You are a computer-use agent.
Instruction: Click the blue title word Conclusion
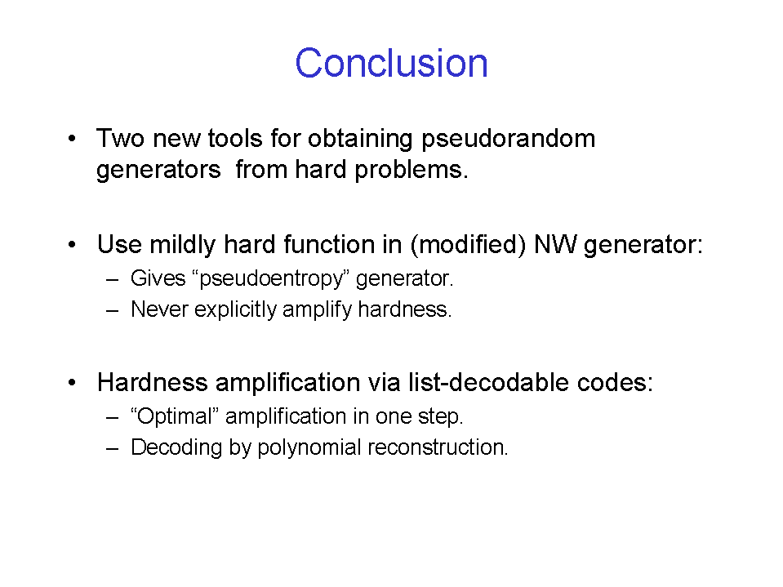[x=392, y=63]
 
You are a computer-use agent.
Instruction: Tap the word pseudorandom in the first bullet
[x=509, y=139]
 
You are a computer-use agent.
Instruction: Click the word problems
[x=412, y=170]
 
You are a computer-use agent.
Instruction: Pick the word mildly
[x=183, y=246]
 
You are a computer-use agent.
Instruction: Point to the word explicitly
[x=235, y=310]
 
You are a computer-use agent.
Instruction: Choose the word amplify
[x=317, y=310]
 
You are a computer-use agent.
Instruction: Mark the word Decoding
[x=176, y=447]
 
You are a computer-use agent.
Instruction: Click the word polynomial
[x=309, y=447]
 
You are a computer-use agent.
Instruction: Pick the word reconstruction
[x=438, y=447]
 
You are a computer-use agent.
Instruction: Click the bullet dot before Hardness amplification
[x=73, y=383]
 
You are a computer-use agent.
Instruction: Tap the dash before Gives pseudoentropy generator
[x=113, y=280]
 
